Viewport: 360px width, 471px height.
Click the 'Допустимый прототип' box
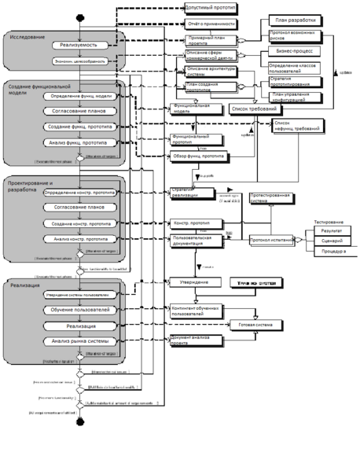208,9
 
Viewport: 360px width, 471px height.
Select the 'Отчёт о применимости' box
208,24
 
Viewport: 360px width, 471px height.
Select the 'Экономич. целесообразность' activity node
79,60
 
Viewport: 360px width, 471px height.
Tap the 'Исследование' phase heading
28,37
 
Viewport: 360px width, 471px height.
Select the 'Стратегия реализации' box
191,191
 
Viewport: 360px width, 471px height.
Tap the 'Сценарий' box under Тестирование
331,241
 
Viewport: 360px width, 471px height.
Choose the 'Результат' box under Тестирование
331,230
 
